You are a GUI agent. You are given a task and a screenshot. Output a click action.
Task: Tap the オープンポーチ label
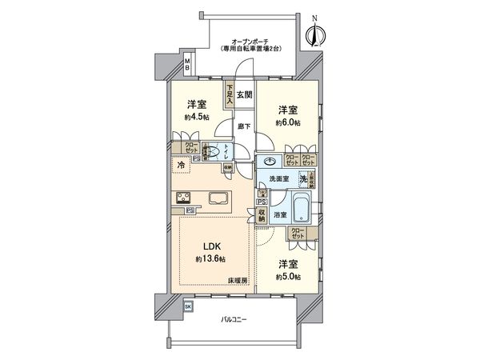255,40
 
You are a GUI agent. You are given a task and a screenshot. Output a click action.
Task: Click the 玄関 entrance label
244,95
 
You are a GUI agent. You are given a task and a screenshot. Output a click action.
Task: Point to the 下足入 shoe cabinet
229,95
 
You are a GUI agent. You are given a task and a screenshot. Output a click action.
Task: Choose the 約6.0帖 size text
289,122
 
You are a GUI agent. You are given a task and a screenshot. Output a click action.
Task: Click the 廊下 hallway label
244,126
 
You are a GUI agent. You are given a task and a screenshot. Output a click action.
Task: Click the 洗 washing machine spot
303,179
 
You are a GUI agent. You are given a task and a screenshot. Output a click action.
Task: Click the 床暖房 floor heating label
238,281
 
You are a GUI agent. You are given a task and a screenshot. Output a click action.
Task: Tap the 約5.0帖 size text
289,275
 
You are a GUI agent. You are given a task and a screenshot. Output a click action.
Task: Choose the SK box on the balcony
188,306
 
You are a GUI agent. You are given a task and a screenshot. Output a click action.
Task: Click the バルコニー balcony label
234,320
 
